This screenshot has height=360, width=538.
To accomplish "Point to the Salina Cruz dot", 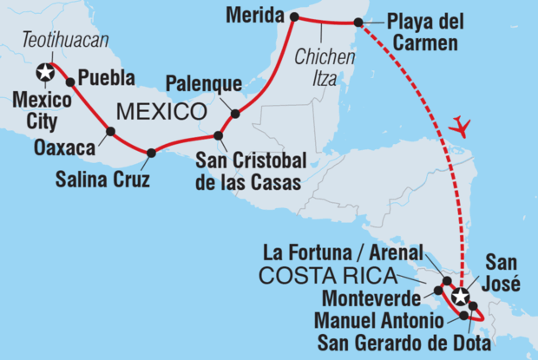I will pos(151,154).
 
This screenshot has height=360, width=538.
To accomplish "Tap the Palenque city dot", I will pos(234,113).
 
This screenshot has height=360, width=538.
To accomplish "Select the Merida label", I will pos(253,15).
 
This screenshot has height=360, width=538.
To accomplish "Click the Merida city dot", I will pos(292,16).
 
